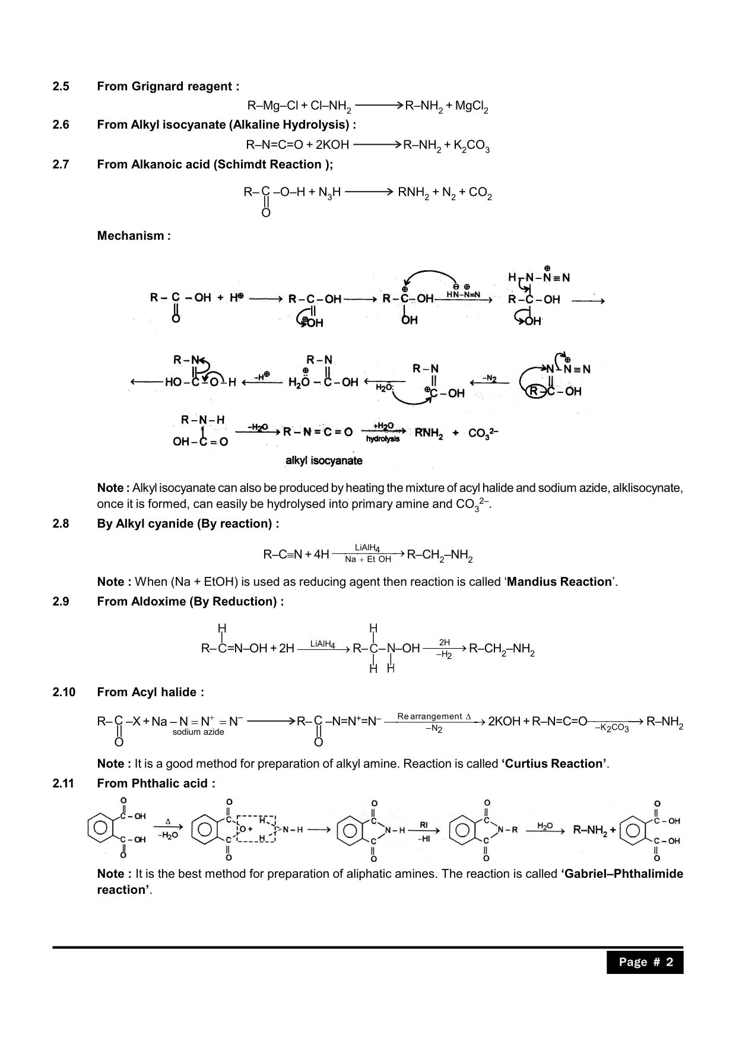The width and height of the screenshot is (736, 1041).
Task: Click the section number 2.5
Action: point(61,87)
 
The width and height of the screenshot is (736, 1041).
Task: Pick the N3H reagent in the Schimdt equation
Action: point(329,193)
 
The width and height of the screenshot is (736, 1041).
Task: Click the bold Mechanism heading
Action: point(134,236)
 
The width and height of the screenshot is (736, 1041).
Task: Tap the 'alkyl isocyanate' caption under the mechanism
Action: point(323,461)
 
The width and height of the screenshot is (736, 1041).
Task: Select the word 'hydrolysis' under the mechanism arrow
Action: point(383,439)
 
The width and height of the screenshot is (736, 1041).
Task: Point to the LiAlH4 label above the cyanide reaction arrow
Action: point(367,548)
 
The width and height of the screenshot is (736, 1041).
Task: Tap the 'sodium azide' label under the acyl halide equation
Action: point(198,732)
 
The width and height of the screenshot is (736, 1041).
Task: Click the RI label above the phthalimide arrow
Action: point(424,825)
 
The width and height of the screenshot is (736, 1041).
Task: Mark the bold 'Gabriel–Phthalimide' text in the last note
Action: point(621,874)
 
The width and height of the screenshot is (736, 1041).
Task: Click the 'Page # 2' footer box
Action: point(645,962)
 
